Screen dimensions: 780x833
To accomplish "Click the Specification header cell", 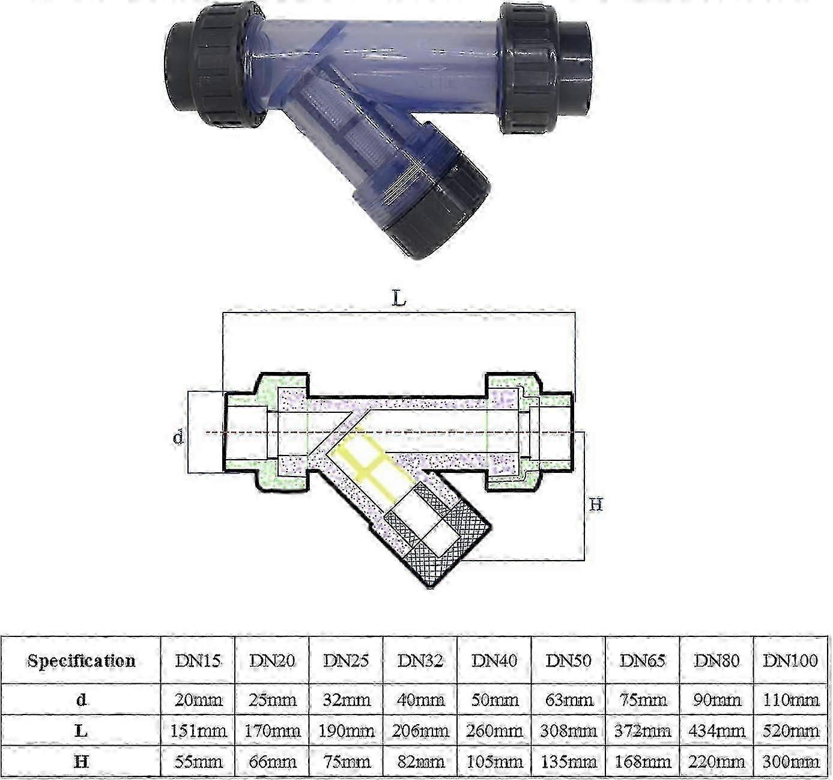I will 81,660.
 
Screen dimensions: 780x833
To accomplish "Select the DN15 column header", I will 198,660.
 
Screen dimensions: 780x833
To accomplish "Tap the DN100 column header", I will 790,660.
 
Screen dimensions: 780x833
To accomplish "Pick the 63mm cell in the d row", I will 568,700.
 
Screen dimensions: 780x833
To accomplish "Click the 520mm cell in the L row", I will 790,731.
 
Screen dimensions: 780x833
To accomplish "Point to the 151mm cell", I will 198,731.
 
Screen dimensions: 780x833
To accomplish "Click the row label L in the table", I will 81,731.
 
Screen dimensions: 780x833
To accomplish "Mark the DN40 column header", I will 494,660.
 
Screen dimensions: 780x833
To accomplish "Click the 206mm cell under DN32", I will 420,731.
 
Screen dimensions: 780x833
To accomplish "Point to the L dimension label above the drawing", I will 399,299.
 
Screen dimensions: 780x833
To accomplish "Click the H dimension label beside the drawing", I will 595,505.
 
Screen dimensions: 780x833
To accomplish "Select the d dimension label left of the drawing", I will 178,437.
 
